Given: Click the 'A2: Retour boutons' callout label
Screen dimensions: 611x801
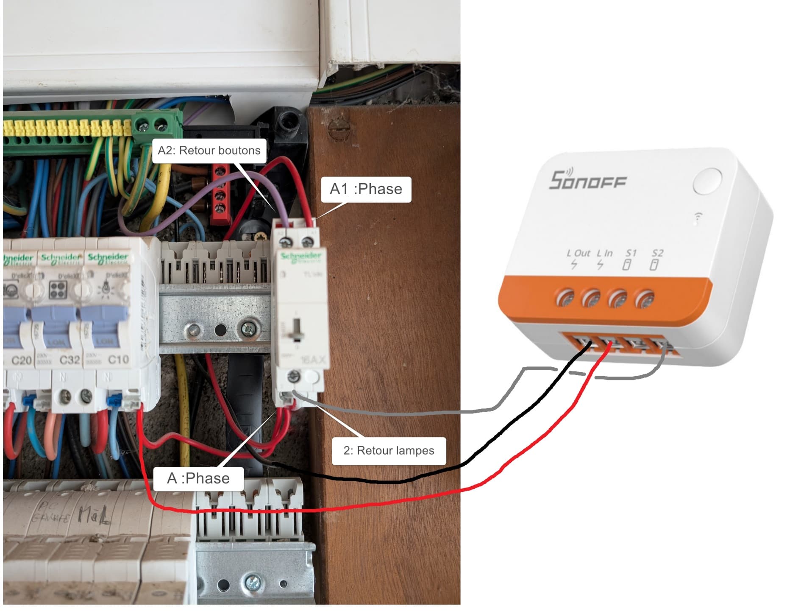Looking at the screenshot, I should pos(209,151).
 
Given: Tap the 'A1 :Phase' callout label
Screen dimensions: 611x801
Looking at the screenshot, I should pos(366,189).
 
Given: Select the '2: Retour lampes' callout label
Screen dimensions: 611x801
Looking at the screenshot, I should pos(389,450).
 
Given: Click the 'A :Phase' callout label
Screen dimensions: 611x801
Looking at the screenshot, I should pos(198,478).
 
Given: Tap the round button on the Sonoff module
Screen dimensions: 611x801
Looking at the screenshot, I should pos(707,181).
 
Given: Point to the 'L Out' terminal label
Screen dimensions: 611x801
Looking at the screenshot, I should pos(578,254).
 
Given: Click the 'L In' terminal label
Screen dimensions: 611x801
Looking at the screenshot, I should pos(605,254).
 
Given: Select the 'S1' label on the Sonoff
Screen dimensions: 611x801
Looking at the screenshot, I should pos(631,254).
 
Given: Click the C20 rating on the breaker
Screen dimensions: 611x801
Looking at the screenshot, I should pos(21,360).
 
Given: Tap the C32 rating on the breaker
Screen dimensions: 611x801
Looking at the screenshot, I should pos(70,360).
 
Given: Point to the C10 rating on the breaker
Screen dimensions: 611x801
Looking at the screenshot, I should pos(118,360).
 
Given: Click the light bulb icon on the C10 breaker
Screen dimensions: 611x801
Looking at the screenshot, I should pos(105,290).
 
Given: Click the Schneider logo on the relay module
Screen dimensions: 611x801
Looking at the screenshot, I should pos(301,256).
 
